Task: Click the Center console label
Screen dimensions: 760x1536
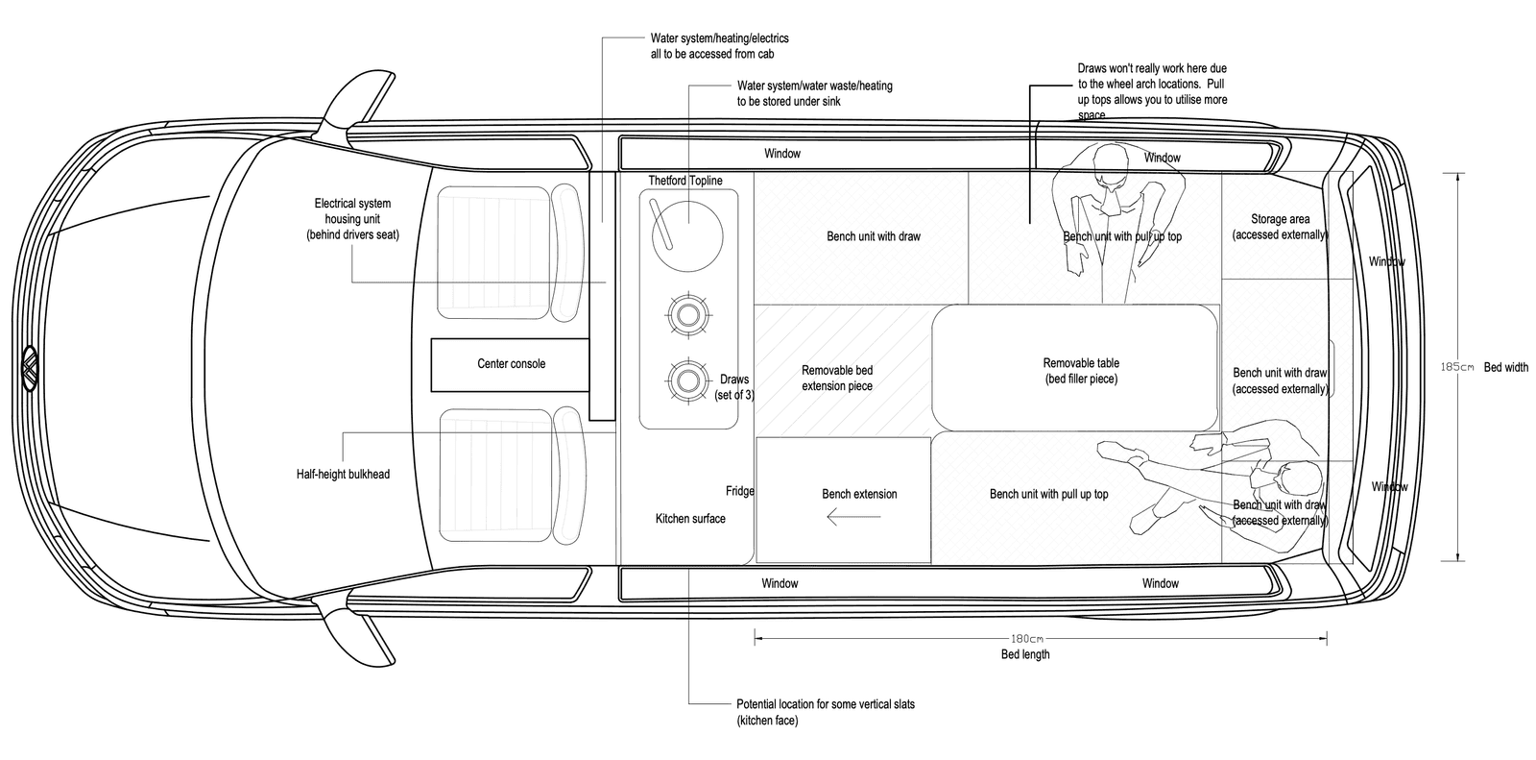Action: [x=511, y=364]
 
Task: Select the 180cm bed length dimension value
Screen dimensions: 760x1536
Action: [x=1025, y=638]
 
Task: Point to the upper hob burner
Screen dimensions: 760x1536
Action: [x=687, y=314]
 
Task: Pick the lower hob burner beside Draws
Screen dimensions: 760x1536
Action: [x=687, y=380]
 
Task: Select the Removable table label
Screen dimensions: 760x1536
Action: [x=1081, y=371]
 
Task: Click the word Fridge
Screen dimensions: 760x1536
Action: [x=739, y=491]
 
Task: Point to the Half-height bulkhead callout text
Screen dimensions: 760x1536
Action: [x=344, y=474]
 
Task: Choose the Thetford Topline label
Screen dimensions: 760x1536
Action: [x=684, y=181]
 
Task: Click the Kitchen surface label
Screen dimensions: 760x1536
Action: [x=690, y=519]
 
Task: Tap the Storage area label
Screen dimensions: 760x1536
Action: [x=1280, y=227]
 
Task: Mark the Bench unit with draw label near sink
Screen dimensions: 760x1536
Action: [x=873, y=236]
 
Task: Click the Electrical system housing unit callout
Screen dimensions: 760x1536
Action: [x=352, y=219]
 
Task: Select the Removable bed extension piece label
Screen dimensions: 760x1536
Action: [x=836, y=378]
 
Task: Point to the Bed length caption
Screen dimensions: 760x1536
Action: [x=1024, y=654]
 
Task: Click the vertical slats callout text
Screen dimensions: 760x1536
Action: [x=825, y=712]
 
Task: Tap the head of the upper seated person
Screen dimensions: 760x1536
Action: [x=1111, y=159]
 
